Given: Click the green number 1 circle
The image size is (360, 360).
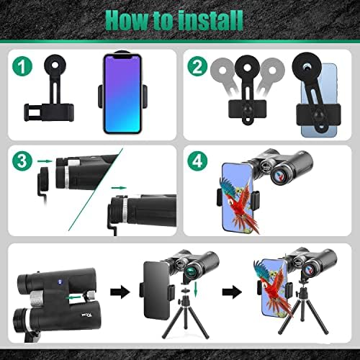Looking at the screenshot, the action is pyautogui.click(x=22, y=66).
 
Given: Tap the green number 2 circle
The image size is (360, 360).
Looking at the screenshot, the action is pyautogui.click(x=197, y=66).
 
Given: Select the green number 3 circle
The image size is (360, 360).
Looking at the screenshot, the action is pyautogui.click(x=22, y=161).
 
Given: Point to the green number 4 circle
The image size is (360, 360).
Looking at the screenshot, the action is pyautogui.click(x=197, y=161).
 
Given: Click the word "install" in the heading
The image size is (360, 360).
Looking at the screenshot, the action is pyautogui.click(x=210, y=21).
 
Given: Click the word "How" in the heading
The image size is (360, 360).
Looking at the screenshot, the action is pyautogui.click(x=127, y=21).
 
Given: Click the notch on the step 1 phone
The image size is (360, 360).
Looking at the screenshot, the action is pyautogui.click(x=122, y=57).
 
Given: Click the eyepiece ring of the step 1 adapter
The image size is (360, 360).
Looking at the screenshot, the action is pyautogui.click(x=55, y=64).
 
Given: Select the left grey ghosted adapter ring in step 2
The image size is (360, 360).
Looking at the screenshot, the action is pyautogui.click(x=222, y=70).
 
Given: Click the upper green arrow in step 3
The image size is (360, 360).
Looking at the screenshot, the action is pyautogui.click(x=45, y=161).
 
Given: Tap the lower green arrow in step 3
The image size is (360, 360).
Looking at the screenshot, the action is pyautogui.click(x=119, y=187).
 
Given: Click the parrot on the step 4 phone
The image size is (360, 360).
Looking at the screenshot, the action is pyautogui.click(x=240, y=204).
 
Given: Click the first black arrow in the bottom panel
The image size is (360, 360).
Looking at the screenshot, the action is pyautogui.click(x=120, y=292).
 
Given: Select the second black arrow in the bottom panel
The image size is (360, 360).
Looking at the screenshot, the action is pyautogui.click(x=232, y=292).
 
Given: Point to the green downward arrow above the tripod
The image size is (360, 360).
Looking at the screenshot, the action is pyautogui.click(x=196, y=290).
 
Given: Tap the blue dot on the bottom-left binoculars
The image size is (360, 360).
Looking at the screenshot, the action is pyautogui.click(x=60, y=282).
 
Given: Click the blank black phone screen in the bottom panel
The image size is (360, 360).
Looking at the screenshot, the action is pyautogui.click(x=156, y=291).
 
